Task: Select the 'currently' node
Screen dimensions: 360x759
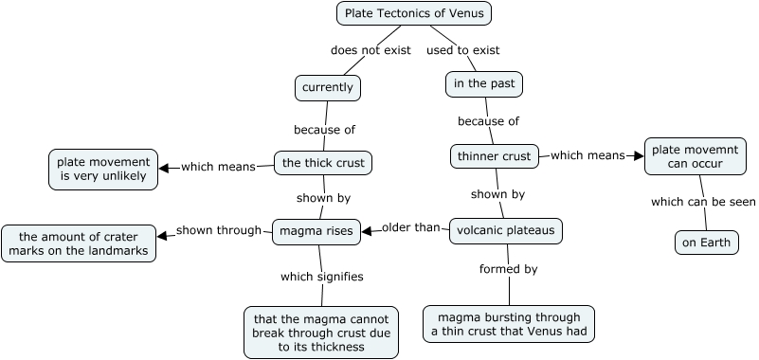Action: (328, 88)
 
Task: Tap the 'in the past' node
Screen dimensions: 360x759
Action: (484, 84)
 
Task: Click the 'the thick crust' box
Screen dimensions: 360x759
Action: (323, 163)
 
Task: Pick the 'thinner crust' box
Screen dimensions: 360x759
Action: (495, 155)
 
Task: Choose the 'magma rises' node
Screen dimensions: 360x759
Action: (316, 231)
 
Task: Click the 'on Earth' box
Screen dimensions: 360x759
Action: (706, 243)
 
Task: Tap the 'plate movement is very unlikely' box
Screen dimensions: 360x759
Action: (103, 169)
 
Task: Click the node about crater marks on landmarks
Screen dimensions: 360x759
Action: (79, 243)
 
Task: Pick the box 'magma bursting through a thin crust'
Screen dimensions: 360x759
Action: (509, 323)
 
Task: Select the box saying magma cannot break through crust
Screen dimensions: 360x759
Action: (320, 333)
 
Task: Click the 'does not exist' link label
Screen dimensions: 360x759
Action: (370, 50)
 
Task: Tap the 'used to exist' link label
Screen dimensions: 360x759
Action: (462, 50)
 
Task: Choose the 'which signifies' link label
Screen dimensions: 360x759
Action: (322, 277)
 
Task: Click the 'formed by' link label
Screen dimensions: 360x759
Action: (509, 269)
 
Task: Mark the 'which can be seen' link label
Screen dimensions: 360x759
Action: (703, 201)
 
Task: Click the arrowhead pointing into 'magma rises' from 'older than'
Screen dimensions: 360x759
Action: (366, 229)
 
